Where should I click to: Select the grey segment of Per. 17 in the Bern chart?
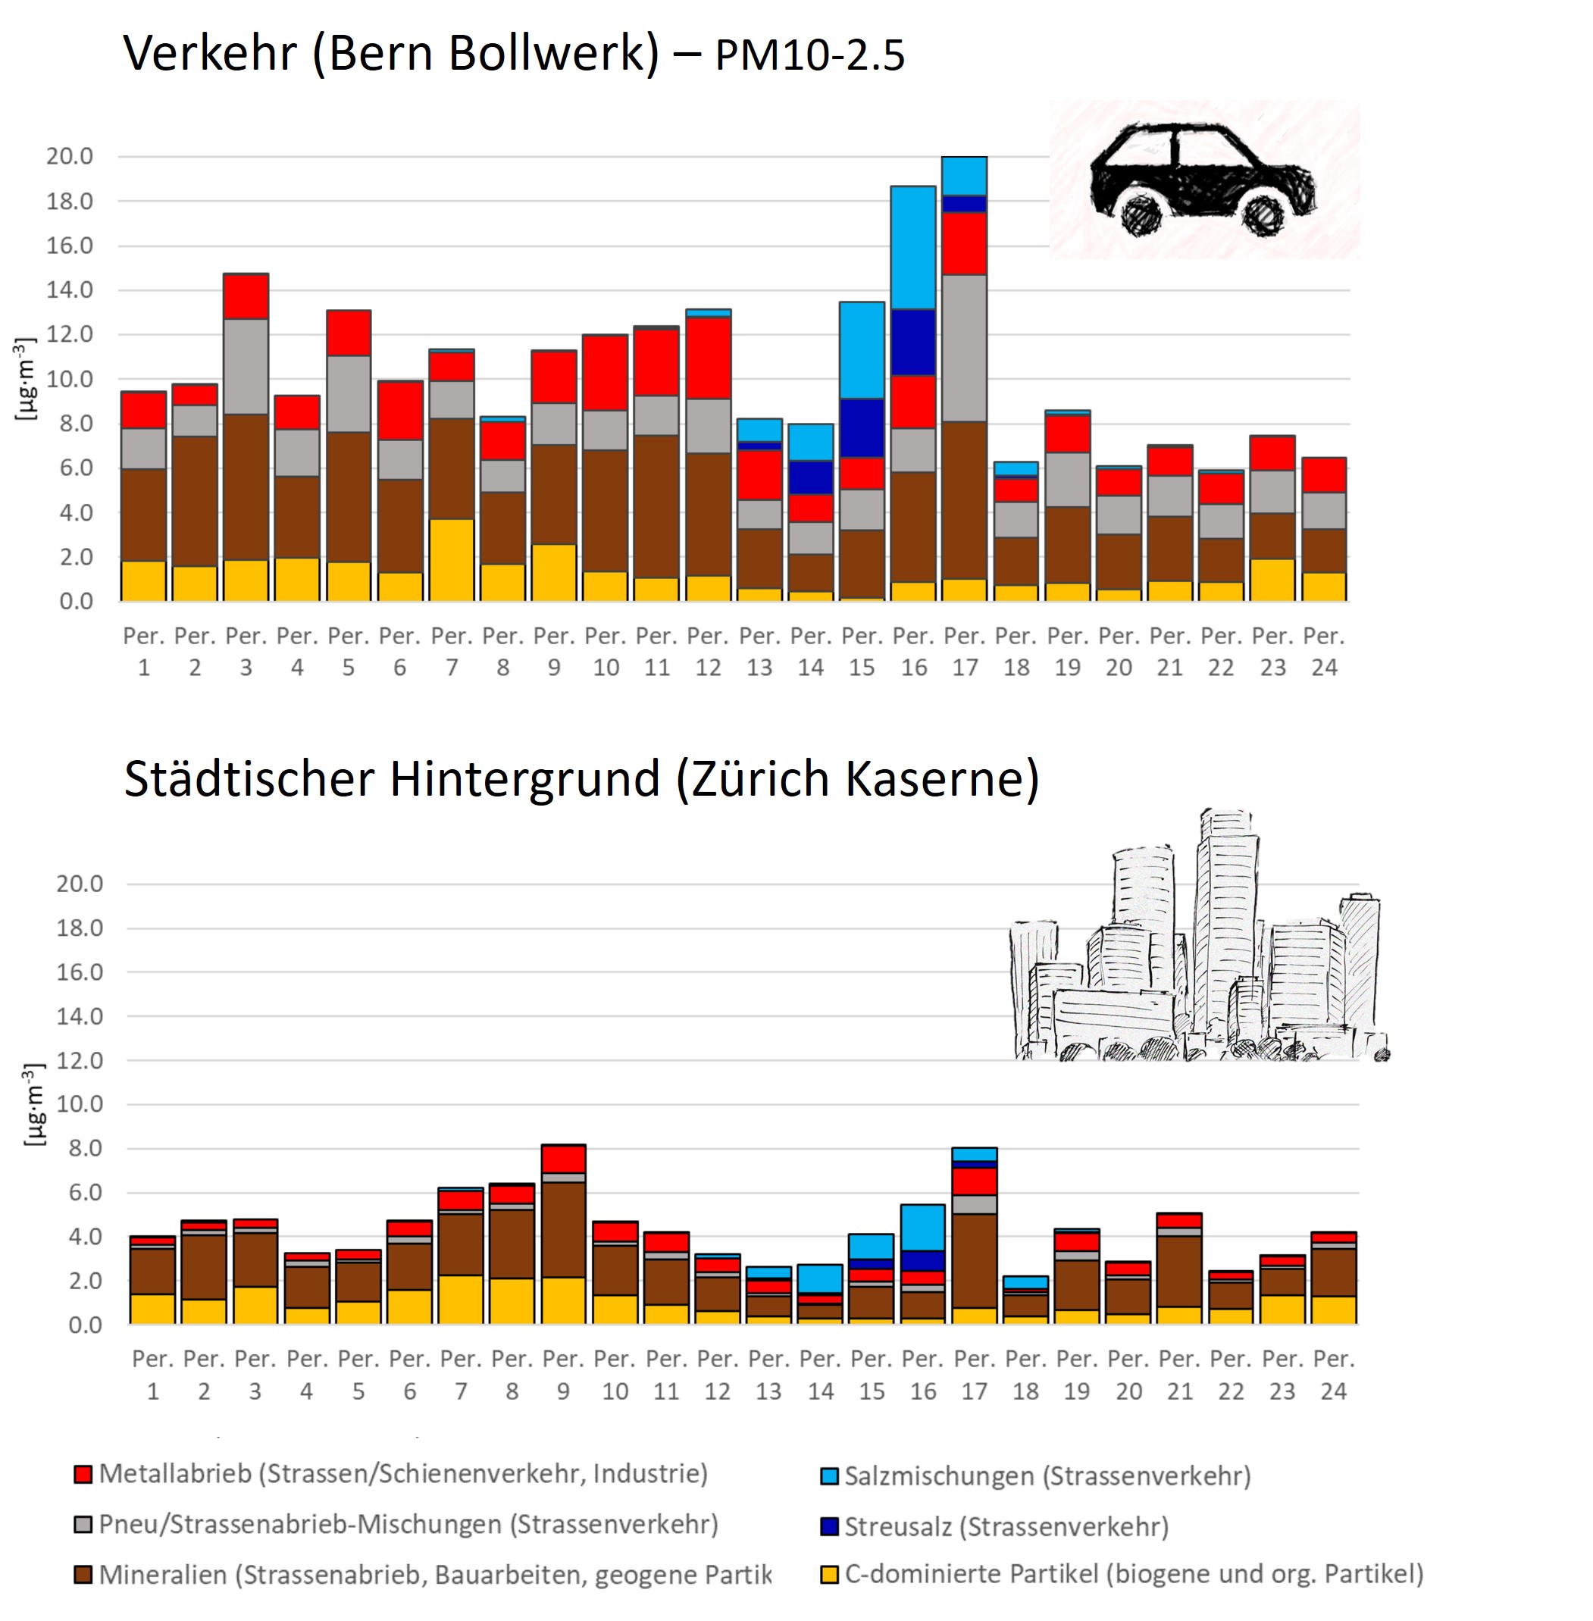coord(964,348)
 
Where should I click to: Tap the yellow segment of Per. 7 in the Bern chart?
coord(452,559)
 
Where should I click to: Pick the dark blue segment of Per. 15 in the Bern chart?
coord(862,427)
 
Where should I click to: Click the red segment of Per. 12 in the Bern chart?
coord(708,357)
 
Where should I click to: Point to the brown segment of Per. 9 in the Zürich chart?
coord(563,1229)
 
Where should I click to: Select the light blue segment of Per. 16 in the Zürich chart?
coord(923,1227)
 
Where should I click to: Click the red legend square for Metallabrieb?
coord(83,1474)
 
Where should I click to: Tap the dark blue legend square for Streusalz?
coord(829,1526)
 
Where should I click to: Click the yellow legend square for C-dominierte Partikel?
coord(829,1575)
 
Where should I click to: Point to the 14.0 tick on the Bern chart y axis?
coord(70,290)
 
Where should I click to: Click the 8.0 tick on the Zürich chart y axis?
coord(80,1148)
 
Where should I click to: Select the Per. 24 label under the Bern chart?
coord(1324,652)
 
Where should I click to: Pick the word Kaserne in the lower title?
coord(941,779)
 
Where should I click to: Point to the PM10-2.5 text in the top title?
coord(810,56)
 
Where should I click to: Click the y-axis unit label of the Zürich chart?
coord(33,1104)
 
